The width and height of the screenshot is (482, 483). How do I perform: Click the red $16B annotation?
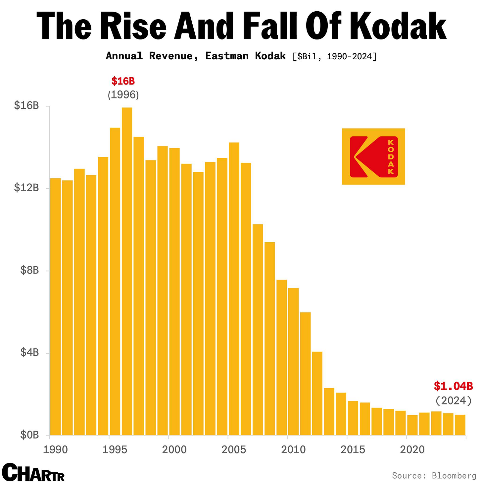(x=123, y=81)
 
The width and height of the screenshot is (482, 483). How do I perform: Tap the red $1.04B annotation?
(x=453, y=386)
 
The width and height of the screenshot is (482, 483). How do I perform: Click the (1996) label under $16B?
(x=123, y=95)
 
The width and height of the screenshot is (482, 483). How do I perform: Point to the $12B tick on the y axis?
(x=26, y=188)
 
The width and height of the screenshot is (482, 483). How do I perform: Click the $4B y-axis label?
(x=29, y=352)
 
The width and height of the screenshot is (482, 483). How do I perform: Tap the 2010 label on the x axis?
(x=293, y=450)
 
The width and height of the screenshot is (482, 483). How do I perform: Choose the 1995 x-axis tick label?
(x=115, y=450)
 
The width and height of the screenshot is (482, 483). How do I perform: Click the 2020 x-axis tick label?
(x=412, y=450)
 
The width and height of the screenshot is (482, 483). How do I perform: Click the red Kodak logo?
(x=373, y=156)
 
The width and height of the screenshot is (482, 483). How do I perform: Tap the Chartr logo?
(x=33, y=472)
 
